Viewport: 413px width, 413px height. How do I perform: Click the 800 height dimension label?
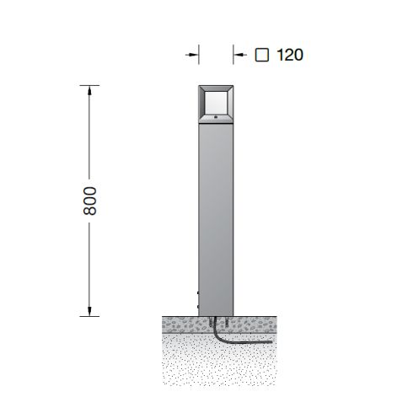click(x=90, y=201)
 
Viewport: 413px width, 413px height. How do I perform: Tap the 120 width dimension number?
click(x=290, y=55)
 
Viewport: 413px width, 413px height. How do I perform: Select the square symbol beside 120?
click(x=262, y=55)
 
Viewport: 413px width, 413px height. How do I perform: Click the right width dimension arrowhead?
click(x=238, y=55)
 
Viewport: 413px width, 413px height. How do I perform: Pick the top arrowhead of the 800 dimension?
click(x=89, y=90)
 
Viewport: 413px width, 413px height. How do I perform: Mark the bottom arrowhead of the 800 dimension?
click(x=89, y=311)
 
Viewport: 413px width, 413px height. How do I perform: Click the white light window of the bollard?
click(x=216, y=103)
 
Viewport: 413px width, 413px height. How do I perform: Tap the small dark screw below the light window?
click(x=216, y=117)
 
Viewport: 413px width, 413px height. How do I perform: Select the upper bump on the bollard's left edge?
click(x=198, y=292)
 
